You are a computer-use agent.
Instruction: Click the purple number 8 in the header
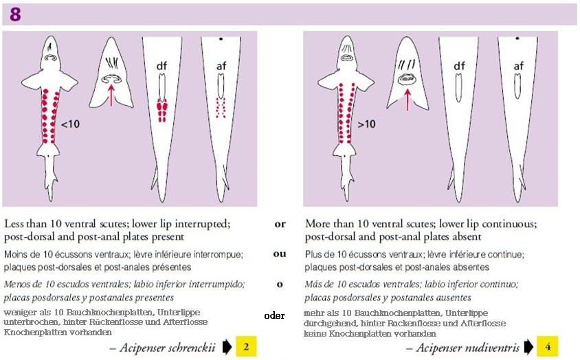tap(15, 14)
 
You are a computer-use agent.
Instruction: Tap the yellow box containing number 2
tap(246, 347)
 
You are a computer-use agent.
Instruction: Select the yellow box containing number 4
tap(548, 347)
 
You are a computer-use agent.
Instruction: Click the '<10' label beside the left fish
tap(70, 124)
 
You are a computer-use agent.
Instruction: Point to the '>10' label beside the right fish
tap(366, 124)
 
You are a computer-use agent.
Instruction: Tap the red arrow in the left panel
tap(111, 95)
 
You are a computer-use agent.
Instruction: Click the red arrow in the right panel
tap(408, 99)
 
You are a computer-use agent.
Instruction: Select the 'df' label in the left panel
tap(161, 66)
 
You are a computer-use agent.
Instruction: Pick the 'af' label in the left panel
tap(221, 66)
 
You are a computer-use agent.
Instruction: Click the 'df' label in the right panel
tap(459, 66)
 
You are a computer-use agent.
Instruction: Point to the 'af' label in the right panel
tap(519, 66)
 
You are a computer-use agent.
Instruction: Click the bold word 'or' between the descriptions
tap(280, 224)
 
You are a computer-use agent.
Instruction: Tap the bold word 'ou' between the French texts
tap(280, 254)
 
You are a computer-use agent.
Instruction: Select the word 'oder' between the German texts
tap(274, 315)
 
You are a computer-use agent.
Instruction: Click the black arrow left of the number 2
tap(227, 347)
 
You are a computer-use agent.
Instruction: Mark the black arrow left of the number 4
tap(528, 347)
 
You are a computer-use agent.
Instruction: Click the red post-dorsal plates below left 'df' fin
tap(161, 110)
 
